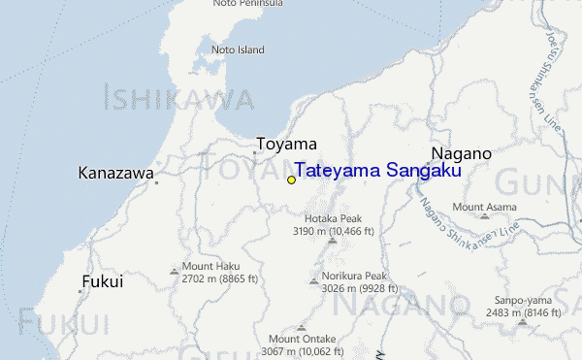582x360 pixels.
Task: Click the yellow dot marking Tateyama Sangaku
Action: (x=291, y=180)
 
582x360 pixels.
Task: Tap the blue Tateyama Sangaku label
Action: (x=378, y=170)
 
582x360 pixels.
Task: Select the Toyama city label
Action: (x=286, y=145)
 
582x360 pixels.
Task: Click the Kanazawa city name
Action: (x=115, y=174)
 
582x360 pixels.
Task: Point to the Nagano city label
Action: (x=461, y=153)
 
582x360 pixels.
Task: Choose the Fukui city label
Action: (x=101, y=282)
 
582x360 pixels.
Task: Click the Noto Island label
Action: (x=238, y=49)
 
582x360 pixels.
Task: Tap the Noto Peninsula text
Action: (x=247, y=4)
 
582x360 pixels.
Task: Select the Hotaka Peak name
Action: (x=333, y=219)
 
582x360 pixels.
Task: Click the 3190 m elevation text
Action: (x=333, y=231)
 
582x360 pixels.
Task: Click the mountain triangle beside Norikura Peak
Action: (x=313, y=281)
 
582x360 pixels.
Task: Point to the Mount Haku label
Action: (x=210, y=266)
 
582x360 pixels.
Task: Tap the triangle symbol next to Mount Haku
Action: (x=174, y=272)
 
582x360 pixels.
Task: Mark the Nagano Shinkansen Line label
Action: (x=469, y=225)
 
